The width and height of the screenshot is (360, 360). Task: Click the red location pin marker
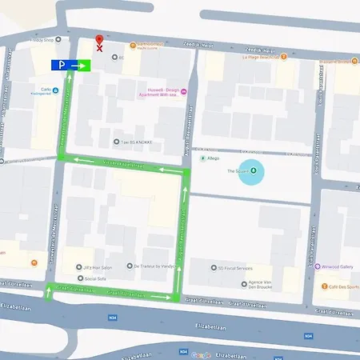point(99,42)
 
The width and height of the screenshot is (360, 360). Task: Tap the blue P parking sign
point(61,65)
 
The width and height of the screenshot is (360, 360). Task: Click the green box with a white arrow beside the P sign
point(81,65)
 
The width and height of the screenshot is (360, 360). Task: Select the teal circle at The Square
point(254,171)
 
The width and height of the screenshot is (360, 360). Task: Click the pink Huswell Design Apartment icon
point(185,90)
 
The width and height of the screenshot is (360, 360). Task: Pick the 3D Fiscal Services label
point(238,269)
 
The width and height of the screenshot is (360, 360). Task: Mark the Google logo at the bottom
point(200,354)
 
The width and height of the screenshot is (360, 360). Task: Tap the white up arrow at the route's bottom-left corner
point(48,292)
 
